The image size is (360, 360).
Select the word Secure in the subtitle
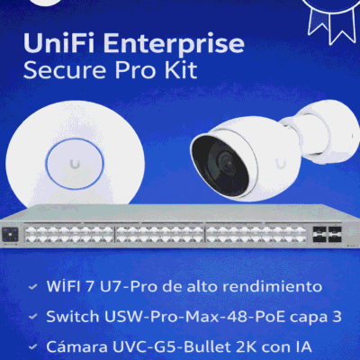pyautogui.click(x=65, y=70)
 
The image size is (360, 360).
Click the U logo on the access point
pyautogui.click(x=75, y=164)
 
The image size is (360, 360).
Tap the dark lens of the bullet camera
pyautogui.click(x=221, y=165)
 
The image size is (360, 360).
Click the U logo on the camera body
pyautogui.click(x=281, y=163)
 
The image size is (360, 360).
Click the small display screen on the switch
pyautogui.click(x=10, y=235)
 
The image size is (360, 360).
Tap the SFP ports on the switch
pyautogui.click(x=327, y=234)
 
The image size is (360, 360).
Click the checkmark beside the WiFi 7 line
pyautogui.click(x=32, y=287)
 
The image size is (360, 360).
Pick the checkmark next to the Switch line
pyautogui.click(x=32, y=317)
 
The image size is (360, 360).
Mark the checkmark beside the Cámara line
pyautogui.click(x=32, y=347)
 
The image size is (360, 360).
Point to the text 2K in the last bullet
pyautogui.click(x=247, y=346)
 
